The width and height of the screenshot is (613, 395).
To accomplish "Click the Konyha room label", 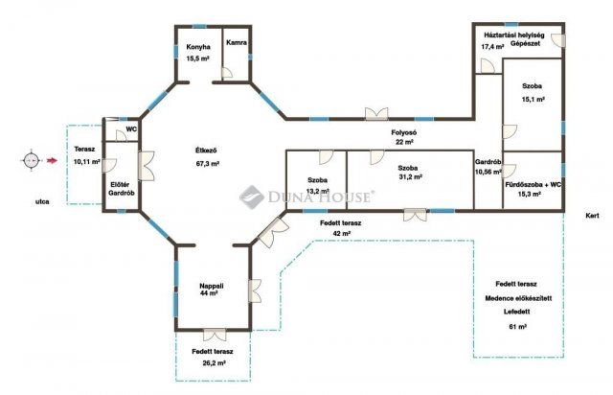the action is (x=198, y=47).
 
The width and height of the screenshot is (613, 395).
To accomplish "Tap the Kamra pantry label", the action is (x=237, y=43).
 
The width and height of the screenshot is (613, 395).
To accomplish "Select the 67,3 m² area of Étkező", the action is (x=207, y=164).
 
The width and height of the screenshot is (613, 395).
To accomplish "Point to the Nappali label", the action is (x=212, y=286).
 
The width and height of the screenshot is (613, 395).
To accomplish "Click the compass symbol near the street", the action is (x=31, y=160).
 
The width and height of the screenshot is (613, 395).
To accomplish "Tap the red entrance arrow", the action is (x=51, y=160).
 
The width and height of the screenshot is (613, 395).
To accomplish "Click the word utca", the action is (x=42, y=202).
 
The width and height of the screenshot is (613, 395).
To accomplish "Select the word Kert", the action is (x=592, y=216).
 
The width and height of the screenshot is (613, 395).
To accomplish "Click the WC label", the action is (x=131, y=129).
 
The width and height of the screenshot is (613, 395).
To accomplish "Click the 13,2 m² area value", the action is (x=317, y=191).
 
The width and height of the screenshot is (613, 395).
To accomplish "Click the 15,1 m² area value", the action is (x=534, y=100).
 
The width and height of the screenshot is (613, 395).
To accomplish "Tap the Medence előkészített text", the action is (x=518, y=298).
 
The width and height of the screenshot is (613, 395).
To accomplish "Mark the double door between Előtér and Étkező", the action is (x=147, y=166).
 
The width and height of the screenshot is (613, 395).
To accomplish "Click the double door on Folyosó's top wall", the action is (x=376, y=113).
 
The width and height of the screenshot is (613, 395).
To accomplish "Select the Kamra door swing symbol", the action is (x=227, y=74).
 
